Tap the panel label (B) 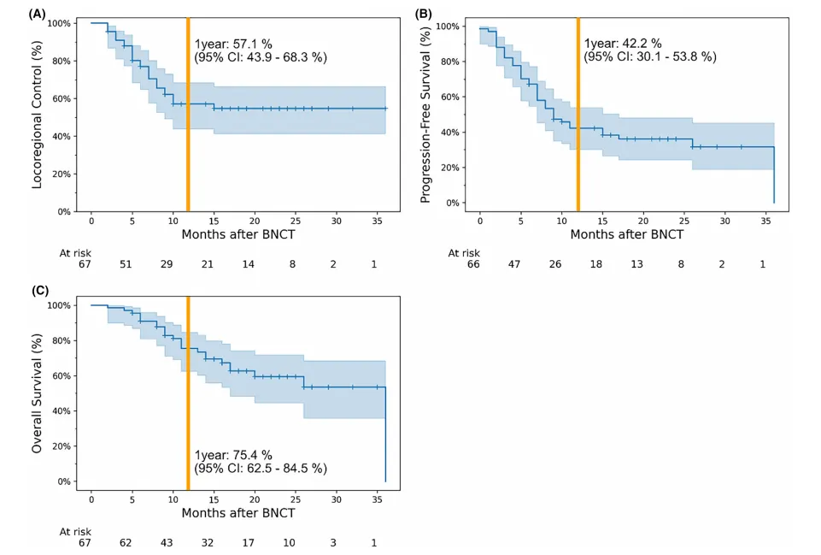[425, 14]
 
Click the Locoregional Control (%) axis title [38, 116]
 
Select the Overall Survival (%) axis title [38, 393]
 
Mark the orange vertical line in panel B [578, 115]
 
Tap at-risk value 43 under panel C [167, 543]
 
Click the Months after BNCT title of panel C [238, 513]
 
